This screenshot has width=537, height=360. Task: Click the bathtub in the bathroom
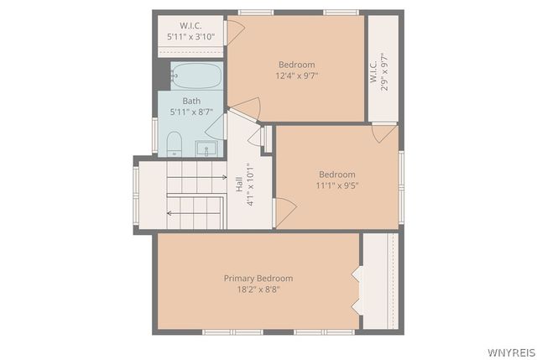[x=196, y=76]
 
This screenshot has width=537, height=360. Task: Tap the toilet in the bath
[x=175, y=143]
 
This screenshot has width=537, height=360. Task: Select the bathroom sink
[x=206, y=149]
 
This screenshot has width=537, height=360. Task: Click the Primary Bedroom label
[x=258, y=278]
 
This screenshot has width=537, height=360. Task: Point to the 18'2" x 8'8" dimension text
[x=258, y=289]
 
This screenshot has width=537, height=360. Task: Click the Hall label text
[x=239, y=183]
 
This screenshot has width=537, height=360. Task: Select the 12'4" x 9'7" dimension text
[x=296, y=76]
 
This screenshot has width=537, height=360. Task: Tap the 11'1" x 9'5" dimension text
[x=337, y=185]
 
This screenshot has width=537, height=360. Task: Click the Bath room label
[x=191, y=101]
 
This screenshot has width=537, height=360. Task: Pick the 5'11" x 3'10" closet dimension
[x=191, y=37]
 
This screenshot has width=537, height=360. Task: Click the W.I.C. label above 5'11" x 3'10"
[x=191, y=25]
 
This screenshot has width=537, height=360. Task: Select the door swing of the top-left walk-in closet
[x=236, y=30]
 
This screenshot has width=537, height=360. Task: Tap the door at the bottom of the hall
[x=284, y=211]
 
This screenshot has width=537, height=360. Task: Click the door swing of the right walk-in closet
[x=385, y=133]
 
